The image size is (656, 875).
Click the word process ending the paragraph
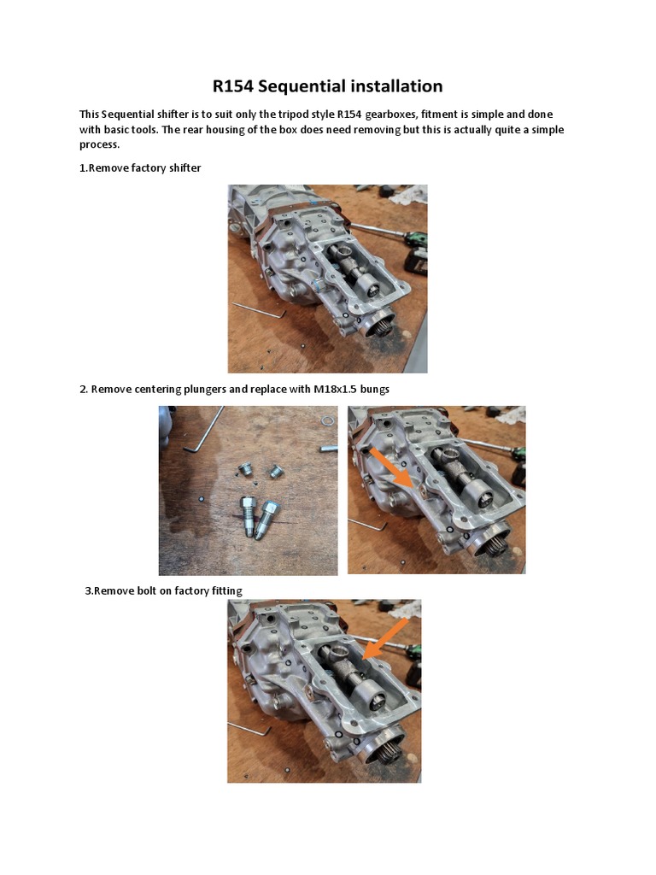tap(98, 144)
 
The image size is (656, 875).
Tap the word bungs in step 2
tap(376, 390)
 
